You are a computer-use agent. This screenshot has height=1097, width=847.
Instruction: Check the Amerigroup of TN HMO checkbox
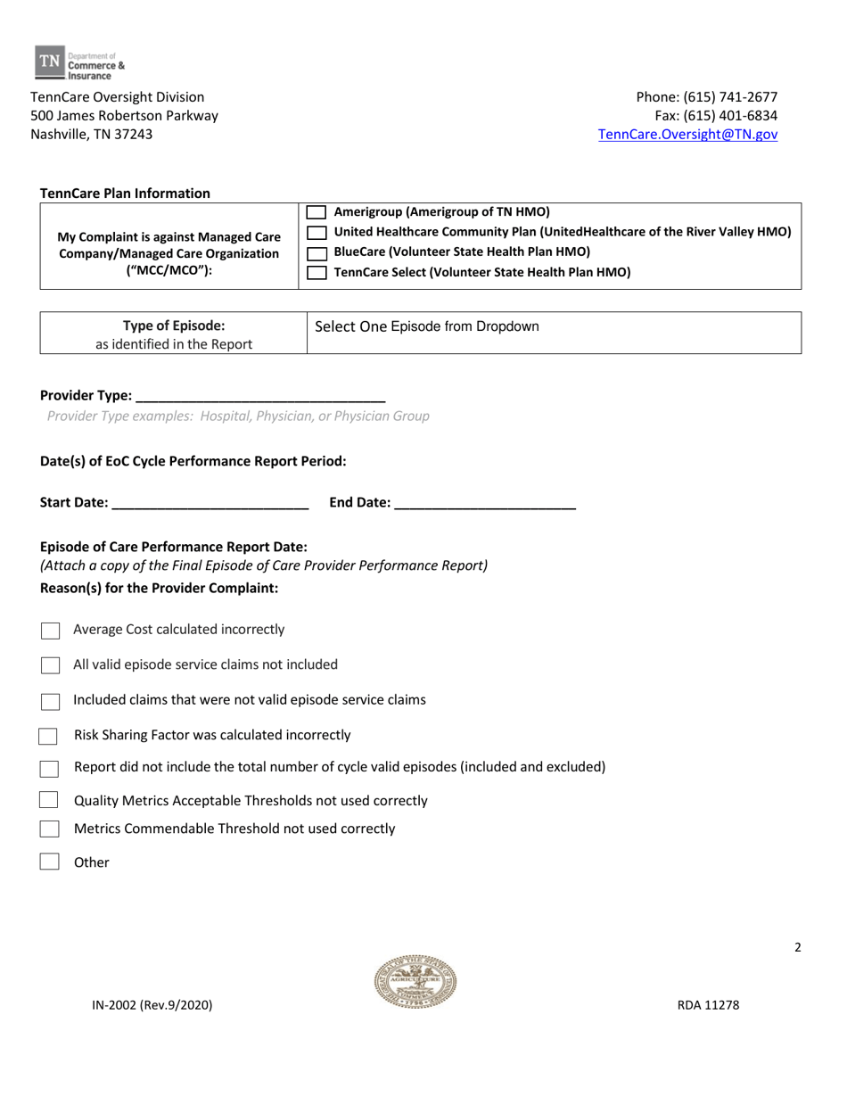[317, 212]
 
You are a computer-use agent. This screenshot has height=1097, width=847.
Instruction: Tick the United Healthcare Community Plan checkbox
[317, 233]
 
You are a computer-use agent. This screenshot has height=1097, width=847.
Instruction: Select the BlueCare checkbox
[317, 253]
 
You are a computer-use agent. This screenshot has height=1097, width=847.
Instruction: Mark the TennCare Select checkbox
[317, 274]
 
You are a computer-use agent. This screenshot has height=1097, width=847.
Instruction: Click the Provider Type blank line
[260, 395]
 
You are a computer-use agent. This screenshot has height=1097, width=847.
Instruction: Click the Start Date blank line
[210, 502]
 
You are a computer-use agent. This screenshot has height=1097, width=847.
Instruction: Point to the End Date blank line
[485, 502]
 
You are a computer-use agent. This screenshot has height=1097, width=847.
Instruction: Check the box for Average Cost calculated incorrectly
[51, 631]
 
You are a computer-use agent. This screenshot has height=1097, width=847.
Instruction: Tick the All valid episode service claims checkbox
[51, 665]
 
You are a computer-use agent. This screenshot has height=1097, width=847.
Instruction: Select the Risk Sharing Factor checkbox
[49, 736]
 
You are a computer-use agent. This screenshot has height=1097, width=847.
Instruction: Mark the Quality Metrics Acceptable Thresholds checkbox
[49, 801]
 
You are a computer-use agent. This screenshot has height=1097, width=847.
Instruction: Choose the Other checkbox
[50, 862]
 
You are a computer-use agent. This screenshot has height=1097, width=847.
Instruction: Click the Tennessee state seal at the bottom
[415, 982]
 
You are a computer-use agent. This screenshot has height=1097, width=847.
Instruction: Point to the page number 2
[798, 947]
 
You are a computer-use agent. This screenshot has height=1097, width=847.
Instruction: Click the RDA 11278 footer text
[707, 1005]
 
